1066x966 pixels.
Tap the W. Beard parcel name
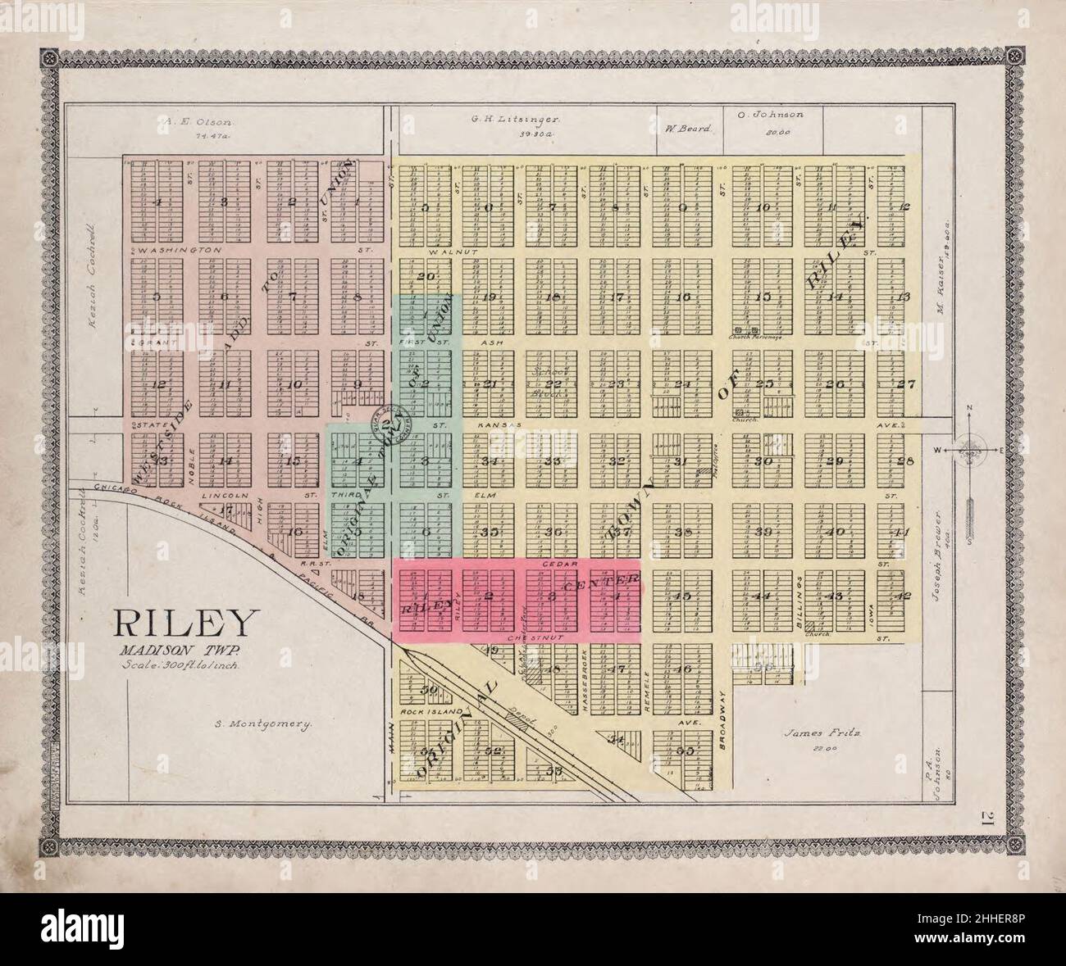[x=681, y=128]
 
